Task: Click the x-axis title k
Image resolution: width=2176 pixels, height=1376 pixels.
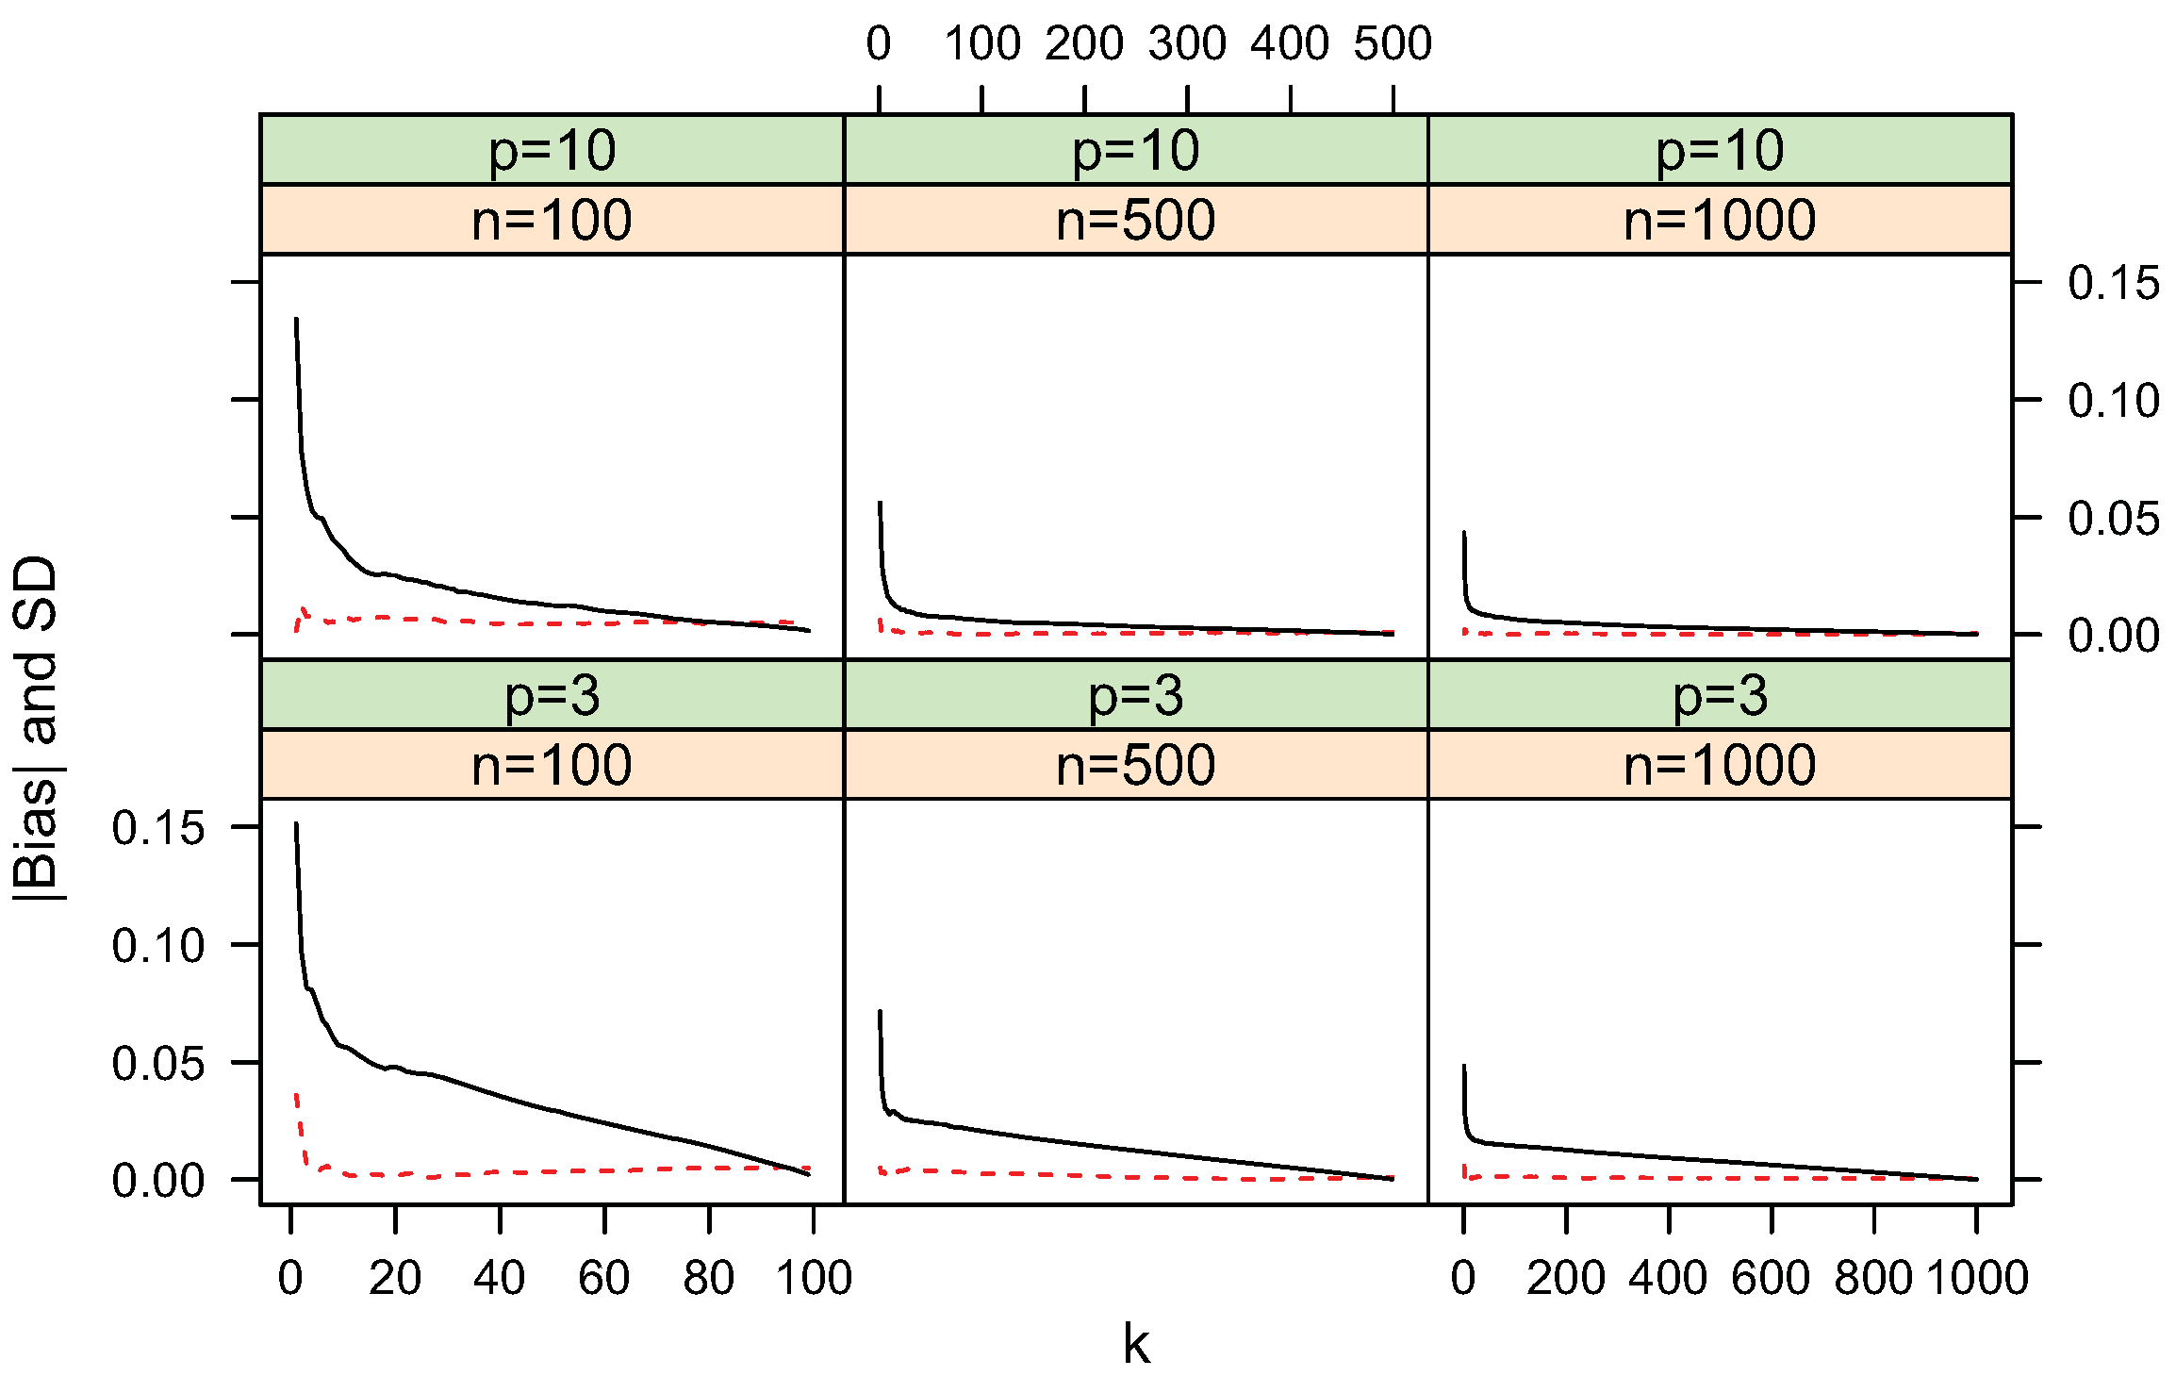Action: coord(1136,1344)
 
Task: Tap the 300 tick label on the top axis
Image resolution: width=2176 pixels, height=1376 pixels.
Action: coord(1187,43)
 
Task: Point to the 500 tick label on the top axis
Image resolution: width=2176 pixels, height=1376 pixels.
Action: coord(1393,43)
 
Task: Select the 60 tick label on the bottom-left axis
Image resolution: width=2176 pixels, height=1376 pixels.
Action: coord(603,1278)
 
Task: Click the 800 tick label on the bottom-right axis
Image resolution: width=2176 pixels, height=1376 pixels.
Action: coord(1873,1278)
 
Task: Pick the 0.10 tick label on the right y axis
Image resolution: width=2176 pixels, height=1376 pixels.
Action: coord(2113,401)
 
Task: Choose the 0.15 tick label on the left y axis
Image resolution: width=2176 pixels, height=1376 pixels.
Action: coord(157,828)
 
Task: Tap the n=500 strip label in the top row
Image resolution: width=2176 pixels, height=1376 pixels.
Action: coord(1135,220)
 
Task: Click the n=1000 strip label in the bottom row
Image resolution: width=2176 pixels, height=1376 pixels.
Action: coord(1719,765)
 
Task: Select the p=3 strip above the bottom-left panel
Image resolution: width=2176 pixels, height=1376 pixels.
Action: coord(552,695)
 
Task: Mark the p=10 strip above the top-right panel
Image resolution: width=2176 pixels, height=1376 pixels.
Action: coord(1719,150)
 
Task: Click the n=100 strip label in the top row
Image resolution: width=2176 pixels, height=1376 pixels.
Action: coord(552,220)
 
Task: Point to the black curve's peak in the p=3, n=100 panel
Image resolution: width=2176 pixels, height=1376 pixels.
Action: coord(296,823)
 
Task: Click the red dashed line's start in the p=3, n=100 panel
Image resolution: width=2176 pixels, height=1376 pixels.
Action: coord(296,1095)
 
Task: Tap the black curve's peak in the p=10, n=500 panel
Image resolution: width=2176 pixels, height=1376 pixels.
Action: coord(880,503)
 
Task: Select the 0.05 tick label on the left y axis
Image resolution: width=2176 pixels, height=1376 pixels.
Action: coord(157,1064)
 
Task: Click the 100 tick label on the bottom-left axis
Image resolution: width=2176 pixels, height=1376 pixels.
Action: coord(814,1278)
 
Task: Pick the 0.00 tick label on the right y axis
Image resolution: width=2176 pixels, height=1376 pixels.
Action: coord(2113,636)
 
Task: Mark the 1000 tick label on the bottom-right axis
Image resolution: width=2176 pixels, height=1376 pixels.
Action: coord(1976,1278)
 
